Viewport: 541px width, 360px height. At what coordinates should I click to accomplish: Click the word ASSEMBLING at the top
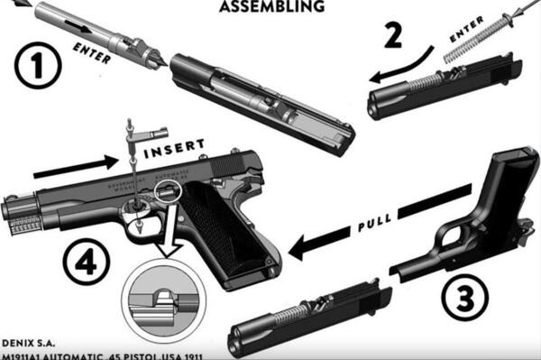point(271,6)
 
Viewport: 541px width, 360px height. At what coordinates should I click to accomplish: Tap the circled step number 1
point(37,66)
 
